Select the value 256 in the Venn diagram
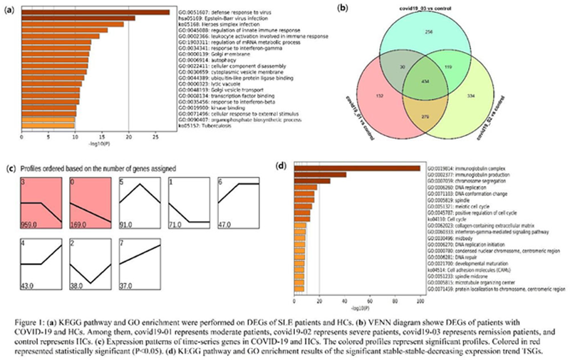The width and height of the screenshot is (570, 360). (429, 32)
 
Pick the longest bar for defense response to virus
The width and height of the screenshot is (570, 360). (95, 11)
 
